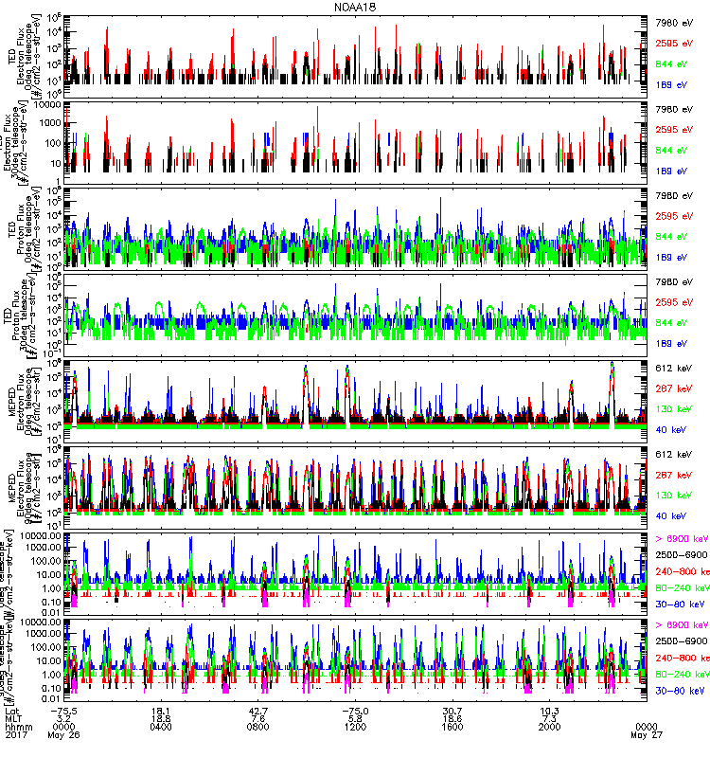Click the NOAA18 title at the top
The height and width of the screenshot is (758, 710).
(354, 7)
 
